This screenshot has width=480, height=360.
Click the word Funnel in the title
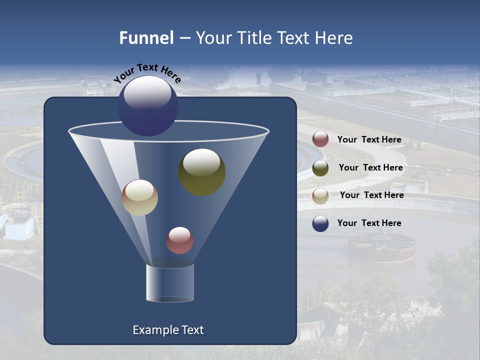146,38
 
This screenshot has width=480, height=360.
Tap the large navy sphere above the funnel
147,106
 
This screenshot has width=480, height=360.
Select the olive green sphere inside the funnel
201,172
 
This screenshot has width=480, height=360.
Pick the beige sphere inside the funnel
139,197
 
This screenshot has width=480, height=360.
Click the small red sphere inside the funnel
179,240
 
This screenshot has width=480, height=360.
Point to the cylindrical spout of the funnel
170,282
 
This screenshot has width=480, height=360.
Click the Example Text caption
168,330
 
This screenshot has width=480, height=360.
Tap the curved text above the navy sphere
147,72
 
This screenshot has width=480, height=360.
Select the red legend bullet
320,139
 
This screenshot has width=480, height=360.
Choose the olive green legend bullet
320,168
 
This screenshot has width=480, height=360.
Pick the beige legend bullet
320,196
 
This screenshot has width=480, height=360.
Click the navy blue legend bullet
320,223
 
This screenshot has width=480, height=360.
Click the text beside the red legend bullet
369,140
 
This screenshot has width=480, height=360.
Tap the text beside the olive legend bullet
370,168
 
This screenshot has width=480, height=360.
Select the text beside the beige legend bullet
371,195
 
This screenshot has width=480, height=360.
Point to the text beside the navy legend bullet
369,223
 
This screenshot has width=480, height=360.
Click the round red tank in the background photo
381,247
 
